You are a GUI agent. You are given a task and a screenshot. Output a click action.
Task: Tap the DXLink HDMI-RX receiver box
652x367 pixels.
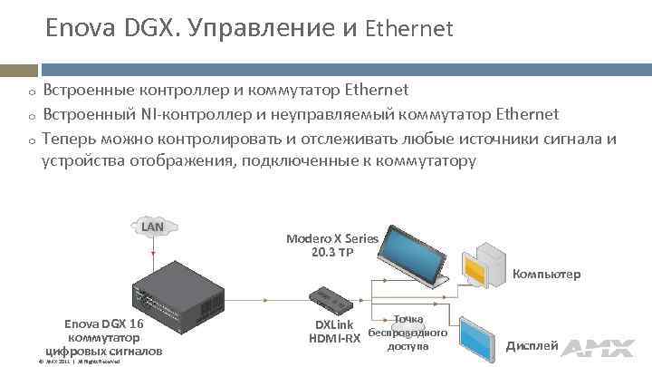pyautogui.click(x=331, y=296)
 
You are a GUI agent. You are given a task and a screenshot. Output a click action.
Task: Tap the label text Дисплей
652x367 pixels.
pyautogui.click(x=532, y=346)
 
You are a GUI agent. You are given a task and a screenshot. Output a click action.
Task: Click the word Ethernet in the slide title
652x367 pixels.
pyautogui.click(x=408, y=30)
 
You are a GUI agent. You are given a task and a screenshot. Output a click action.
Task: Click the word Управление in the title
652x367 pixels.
pyautogui.click(x=266, y=30)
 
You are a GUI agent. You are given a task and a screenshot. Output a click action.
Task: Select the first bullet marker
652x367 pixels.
pyautogui.click(x=31, y=92)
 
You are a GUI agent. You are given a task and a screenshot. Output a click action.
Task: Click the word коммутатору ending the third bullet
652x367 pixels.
pyautogui.click(x=422, y=161)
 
